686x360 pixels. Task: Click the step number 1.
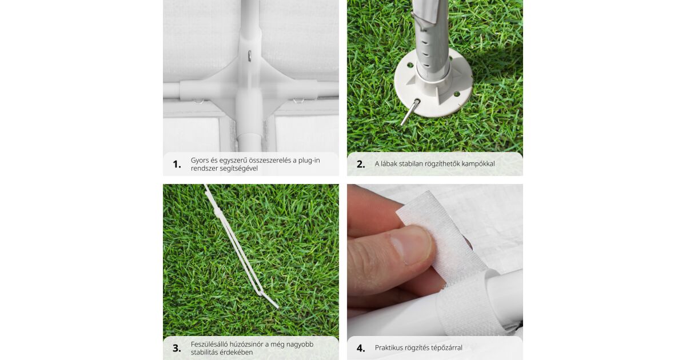pos(177,165)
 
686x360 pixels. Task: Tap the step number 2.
pos(361,164)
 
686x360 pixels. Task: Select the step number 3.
pos(177,348)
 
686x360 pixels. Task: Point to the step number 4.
pos(361,348)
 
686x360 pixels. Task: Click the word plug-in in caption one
pos(309,161)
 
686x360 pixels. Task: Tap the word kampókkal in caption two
pos(478,164)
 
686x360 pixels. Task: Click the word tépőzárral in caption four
pos(446,348)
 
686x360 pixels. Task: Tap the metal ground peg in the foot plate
pos(410,113)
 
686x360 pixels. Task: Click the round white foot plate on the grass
pos(433,84)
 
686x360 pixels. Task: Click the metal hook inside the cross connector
pos(250,56)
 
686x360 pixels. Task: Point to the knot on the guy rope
pos(217,212)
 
